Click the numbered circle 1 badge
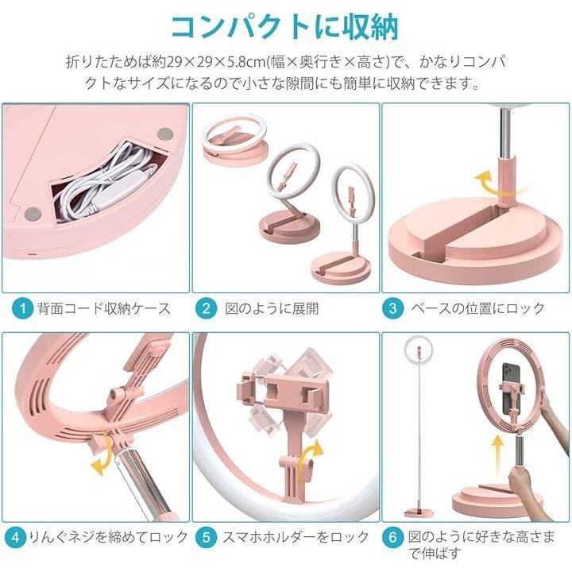coord(22,308)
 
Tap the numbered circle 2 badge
coord(206,308)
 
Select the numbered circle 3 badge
coord(393,308)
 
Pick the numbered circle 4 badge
coord(15,537)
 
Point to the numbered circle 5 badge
coord(206,537)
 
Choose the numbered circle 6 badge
coord(393,537)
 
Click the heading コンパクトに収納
coord(285,27)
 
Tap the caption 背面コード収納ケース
coord(104,308)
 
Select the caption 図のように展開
coord(272,308)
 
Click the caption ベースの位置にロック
coord(478,308)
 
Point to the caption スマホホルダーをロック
coord(296,537)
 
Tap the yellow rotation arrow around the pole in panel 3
coord(500,185)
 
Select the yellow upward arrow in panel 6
coord(497,457)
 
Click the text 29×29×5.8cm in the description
coord(216,62)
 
